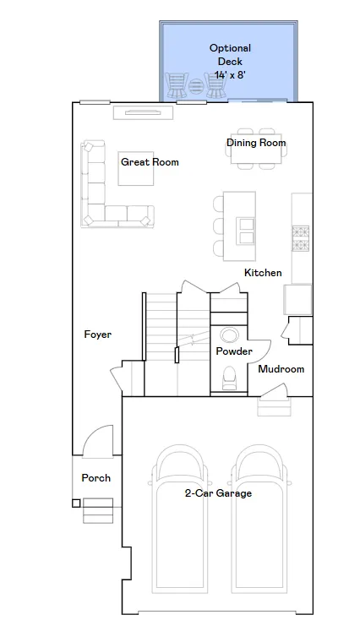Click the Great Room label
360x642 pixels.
point(150,162)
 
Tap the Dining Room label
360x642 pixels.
point(256,143)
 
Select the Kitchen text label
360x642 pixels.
point(263,273)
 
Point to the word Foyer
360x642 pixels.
point(97,335)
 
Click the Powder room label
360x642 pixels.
point(234,351)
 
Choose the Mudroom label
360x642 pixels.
point(281,369)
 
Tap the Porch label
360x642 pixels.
point(95,478)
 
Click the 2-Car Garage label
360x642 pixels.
point(218,493)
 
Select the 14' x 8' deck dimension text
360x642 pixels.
point(230,75)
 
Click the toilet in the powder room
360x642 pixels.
point(229,378)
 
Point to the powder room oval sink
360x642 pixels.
point(229,335)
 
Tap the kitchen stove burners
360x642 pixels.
point(300,238)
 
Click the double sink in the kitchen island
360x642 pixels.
point(246,231)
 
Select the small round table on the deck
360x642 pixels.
point(196,86)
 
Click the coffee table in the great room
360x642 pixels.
point(136,168)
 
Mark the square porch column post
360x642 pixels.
point(76,503)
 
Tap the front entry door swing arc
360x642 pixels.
point(98,435)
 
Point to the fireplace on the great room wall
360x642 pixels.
point(143,112)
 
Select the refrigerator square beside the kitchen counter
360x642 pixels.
point(297,300)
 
